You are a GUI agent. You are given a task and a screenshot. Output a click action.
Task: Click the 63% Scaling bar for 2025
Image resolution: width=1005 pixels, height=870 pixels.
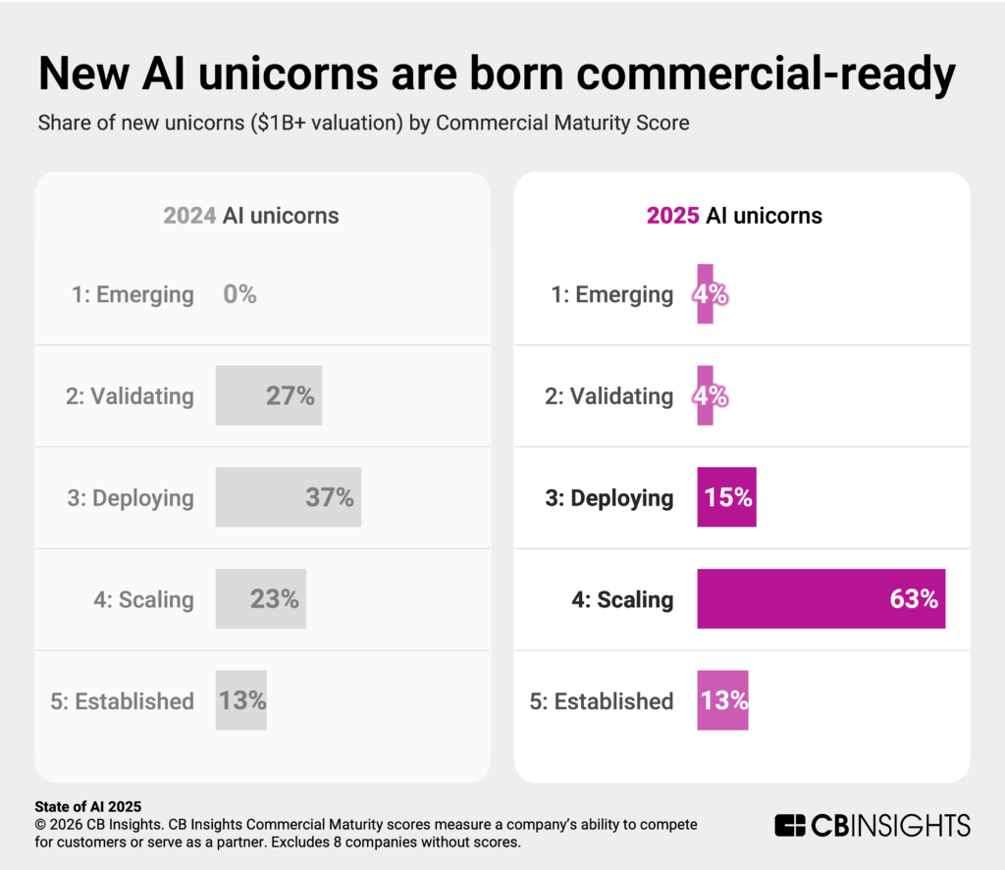820,598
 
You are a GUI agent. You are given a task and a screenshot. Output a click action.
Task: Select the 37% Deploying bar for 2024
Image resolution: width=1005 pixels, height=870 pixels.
288,497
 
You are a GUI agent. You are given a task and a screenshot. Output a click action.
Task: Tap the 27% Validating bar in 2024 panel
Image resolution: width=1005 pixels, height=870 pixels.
268,395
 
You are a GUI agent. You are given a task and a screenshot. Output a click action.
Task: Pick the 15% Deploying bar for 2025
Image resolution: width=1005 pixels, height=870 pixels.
726,497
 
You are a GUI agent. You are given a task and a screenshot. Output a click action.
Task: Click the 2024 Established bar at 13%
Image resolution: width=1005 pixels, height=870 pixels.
240,700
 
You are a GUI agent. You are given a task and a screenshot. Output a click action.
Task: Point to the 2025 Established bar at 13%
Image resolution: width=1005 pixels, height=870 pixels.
722,700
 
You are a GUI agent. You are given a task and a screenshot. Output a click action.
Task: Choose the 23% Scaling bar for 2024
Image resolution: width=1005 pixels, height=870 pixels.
260,598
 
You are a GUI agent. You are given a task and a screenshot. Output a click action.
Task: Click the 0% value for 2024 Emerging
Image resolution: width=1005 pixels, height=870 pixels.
239,294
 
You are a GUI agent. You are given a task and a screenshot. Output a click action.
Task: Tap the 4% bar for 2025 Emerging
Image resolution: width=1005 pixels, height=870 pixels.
705,294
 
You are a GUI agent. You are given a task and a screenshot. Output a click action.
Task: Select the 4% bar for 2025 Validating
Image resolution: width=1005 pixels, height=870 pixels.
705,395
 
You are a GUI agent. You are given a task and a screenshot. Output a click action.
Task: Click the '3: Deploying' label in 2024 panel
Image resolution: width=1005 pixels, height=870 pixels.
131,497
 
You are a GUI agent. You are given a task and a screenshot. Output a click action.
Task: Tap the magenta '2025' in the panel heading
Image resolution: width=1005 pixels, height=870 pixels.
672,215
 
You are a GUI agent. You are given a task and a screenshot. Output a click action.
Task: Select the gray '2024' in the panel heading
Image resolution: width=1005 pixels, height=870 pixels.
189,215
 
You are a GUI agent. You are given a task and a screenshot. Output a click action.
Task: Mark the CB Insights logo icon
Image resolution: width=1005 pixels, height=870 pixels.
790,825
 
